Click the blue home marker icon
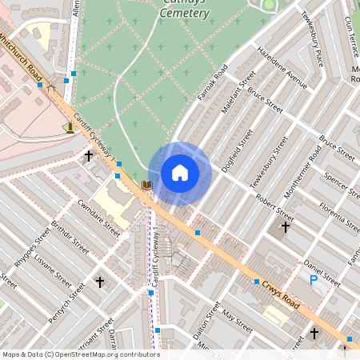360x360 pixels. click(180, 173)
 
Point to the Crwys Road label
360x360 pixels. click(278, 294)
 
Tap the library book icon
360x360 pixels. click(146, 185)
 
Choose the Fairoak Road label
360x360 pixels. click(214, 87)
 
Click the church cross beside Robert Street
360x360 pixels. click(286, 226)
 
